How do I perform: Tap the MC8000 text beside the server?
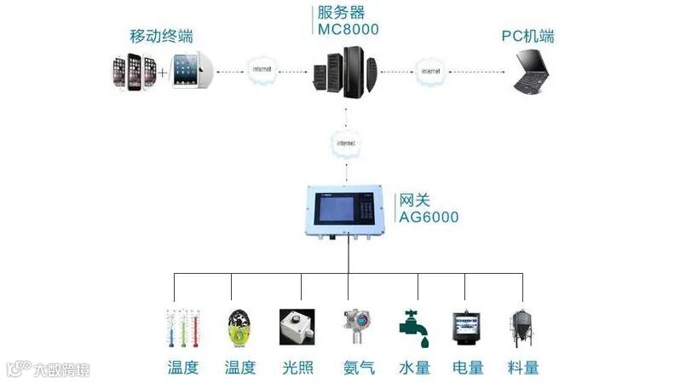click(x=347, y=30)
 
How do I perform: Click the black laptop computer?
click(x=539, y=73)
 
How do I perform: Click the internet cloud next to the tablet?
click(x=261, y=68)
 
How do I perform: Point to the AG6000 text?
click(x=429, y=218)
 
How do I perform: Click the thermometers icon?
click(x=182, y=328)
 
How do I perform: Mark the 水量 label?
click(x=414, y=368)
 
